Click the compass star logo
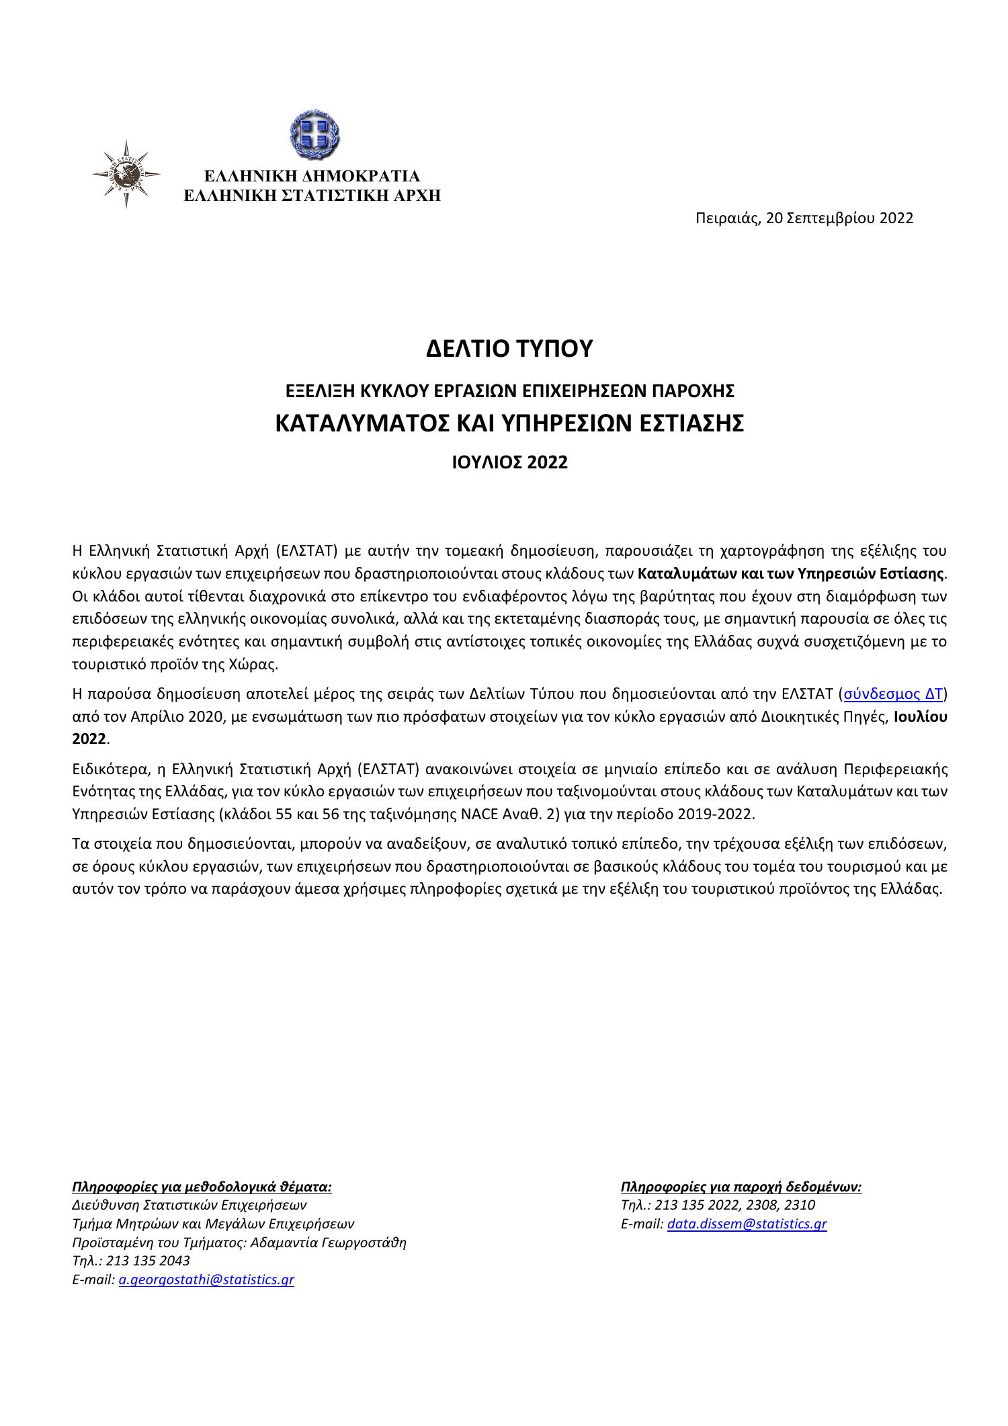pyautogui.click(x=126, y=174)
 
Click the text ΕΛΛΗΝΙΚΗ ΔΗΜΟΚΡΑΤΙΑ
pyautogui.click(x=312, y=176)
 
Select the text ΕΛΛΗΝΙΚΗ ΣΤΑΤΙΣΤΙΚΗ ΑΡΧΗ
pyautogui.click(x=312, y=196)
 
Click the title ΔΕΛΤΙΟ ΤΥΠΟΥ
pyautogui.click(x=509, y=349)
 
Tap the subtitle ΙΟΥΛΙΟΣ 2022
pyautogui.click(x=509, y=462)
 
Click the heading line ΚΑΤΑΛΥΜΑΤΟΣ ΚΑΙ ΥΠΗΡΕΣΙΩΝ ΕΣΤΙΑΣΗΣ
pyautogui.click(x=509, y=423)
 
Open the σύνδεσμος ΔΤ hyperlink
pyautogui.click(x=892, y=694)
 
